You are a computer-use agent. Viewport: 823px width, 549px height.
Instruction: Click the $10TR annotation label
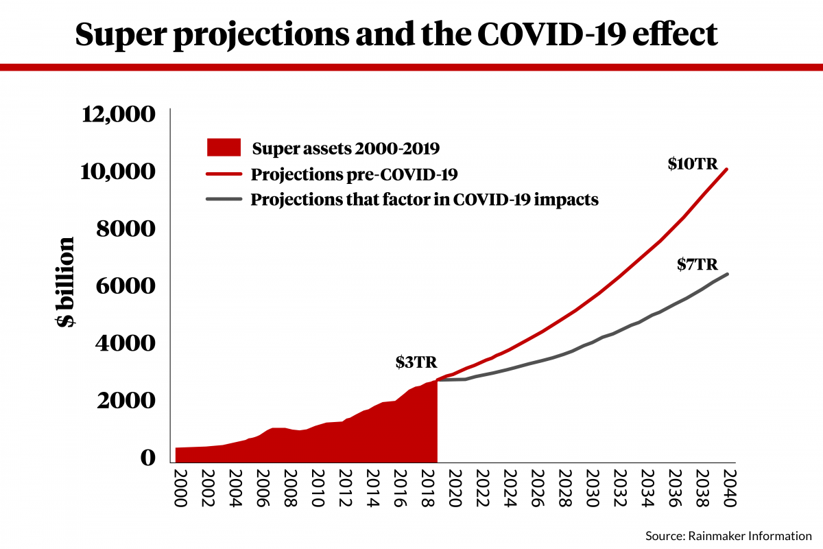pos(693,165)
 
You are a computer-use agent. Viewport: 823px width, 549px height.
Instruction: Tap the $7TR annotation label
pos(697,264)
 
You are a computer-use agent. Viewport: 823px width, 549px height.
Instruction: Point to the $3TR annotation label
pos(416,363)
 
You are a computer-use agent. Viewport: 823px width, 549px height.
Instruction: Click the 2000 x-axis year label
pos(180,489)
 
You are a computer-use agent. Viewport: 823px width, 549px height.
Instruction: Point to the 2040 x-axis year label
pos(729,489)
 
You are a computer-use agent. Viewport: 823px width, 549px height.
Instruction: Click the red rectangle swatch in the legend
pos(224,147)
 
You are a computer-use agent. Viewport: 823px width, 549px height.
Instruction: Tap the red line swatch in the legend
pos(224,174)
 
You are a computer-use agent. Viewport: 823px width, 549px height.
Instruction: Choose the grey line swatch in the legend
pos(224,200)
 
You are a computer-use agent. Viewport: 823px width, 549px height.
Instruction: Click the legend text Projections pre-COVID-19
pos(354,174)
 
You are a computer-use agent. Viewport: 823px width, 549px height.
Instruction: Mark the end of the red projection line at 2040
pos(727,169)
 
